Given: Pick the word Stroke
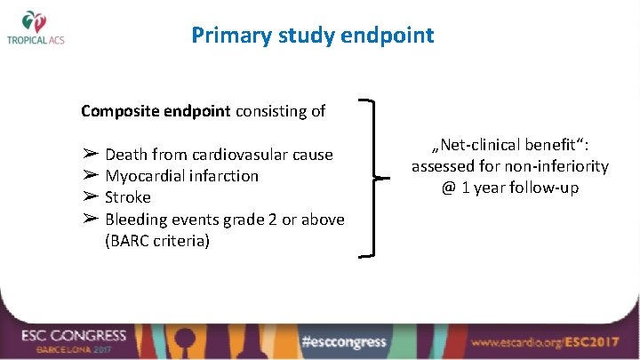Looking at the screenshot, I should [128, 197].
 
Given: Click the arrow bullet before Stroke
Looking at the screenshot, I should [90, 196].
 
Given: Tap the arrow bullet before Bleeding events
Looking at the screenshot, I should [90, 218].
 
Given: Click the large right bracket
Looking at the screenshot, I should [377, 178].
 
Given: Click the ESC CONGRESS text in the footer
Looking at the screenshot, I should [75, 336].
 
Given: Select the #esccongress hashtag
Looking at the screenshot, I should [343, 341].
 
